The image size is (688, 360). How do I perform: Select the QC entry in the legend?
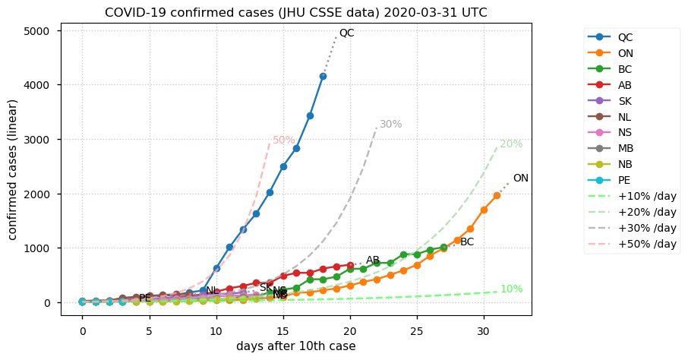pyautogui.click(x=625, y=37)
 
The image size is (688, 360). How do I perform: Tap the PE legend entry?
pyautogui.click(x=623, y=180)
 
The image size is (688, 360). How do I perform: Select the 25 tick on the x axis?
pyautogui.click(x=416, y=332)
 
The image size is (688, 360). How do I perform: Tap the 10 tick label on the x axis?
pyautogui.click(x=216, y=332)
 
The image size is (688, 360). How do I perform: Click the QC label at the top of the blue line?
pyautogui.click(x=346, y=33)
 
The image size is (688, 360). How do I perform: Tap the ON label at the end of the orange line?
pyautogui.click(x=520, y=178)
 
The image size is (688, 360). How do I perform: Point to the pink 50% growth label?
pyautogui.click(x=283, y=141)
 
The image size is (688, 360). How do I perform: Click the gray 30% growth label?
pyautogui.click(x=390, y=125)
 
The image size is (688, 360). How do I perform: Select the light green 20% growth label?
pyautogui.click(x=510, y=144)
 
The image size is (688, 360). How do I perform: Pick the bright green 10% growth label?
pyautogui.click(x=511, y=289)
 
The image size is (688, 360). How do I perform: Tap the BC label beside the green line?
pyautogui.click(x=467, y=242)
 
